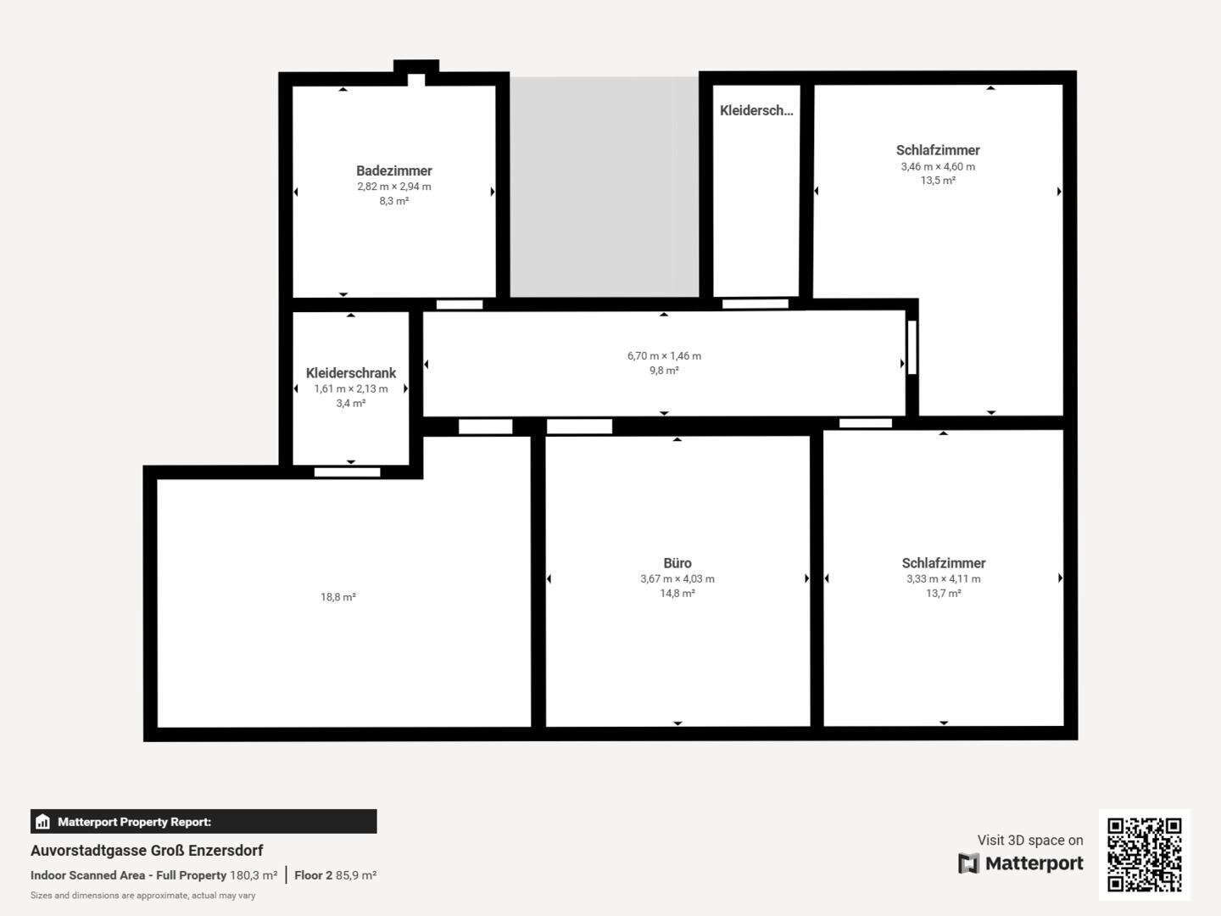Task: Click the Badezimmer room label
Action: (x=393, y=170)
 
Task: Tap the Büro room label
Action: (x=677, y=563)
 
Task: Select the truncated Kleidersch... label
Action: (x=756, y=110)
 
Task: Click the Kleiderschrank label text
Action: (x=350, y=373)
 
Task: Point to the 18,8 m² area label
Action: (x=338, y=597)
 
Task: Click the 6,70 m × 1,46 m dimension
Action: (x=664, y=356)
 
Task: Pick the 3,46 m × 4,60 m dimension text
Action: (x=938, y=166)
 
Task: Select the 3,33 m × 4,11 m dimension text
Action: (x=944, y=578)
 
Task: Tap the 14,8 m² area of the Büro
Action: (x=677, y=594)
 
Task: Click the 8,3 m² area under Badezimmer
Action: (x=393, y=201)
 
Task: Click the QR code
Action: (x=1144, y=855)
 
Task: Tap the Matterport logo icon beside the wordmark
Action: (x=968, y=863)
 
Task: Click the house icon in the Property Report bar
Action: (x=43, y=822)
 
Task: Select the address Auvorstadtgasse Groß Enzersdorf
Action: (x=147, y=851)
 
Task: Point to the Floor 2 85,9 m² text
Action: (x=336, y=875)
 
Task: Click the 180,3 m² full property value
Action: (x=254, y=875)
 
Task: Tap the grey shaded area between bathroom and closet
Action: (x=605, y=187)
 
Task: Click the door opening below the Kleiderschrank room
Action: (x=347, y=472)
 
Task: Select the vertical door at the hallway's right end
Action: (x=912, y=348)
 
